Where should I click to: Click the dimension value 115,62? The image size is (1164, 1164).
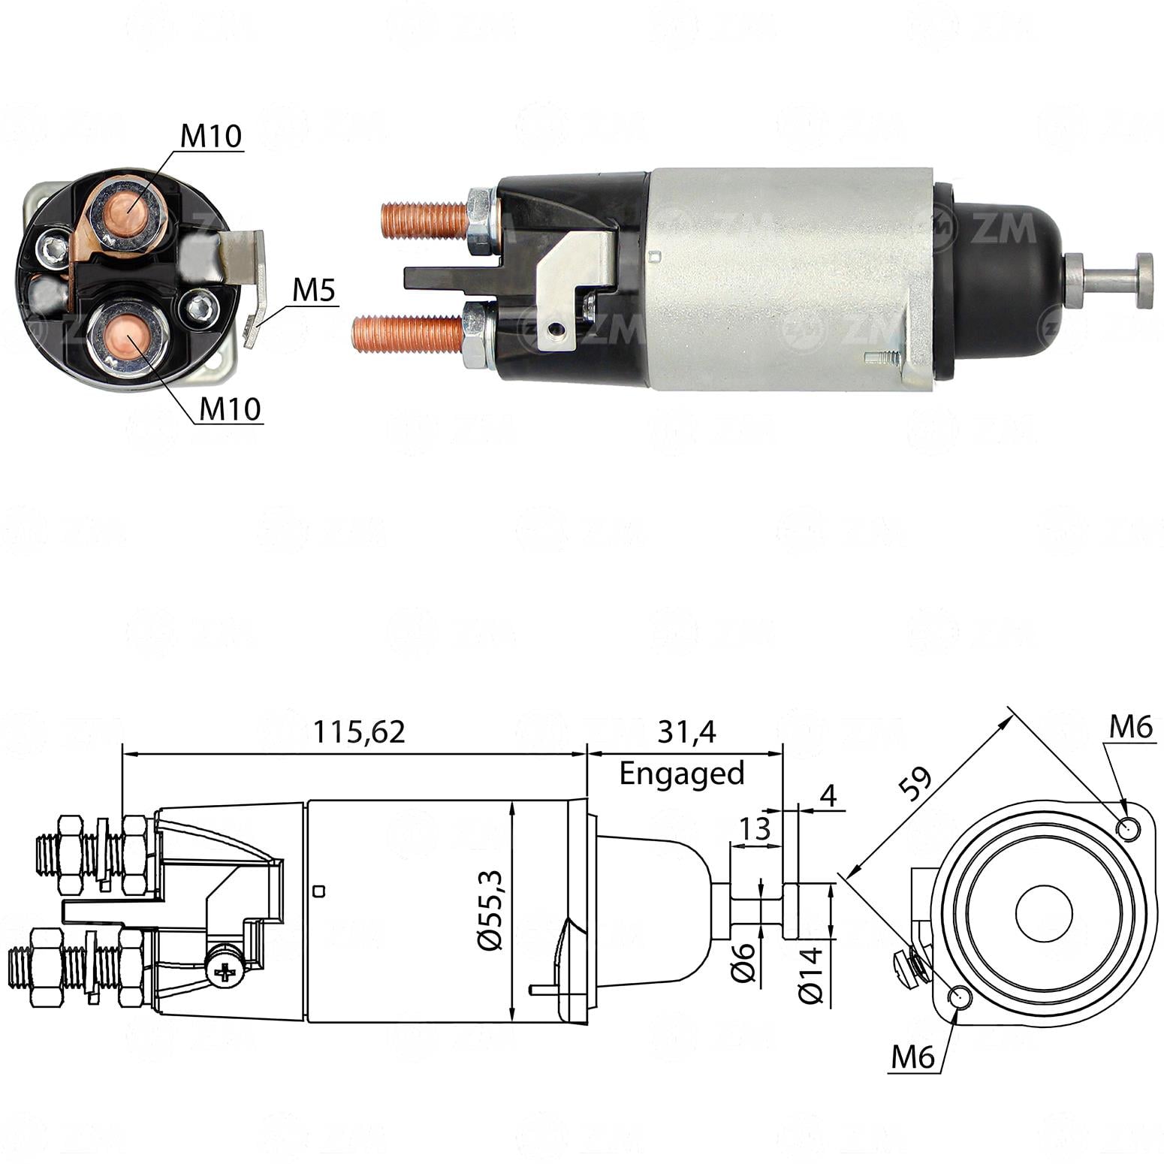(x=358, y=731)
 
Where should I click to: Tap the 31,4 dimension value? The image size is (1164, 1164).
(x=686, y=731)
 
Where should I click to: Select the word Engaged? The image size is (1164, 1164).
(x=681, y=773)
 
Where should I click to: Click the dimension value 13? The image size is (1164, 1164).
(x=755, y=828)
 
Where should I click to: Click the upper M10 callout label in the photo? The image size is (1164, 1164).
(x=210, y=136)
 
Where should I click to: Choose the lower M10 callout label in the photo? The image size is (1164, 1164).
(x=229, y=409)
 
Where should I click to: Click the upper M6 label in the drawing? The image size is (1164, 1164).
(x=1130, y=727)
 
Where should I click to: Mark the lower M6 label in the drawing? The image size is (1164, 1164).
(x=912, y=1057)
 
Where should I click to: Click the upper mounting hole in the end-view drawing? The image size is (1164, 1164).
(x=1128, y=829)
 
